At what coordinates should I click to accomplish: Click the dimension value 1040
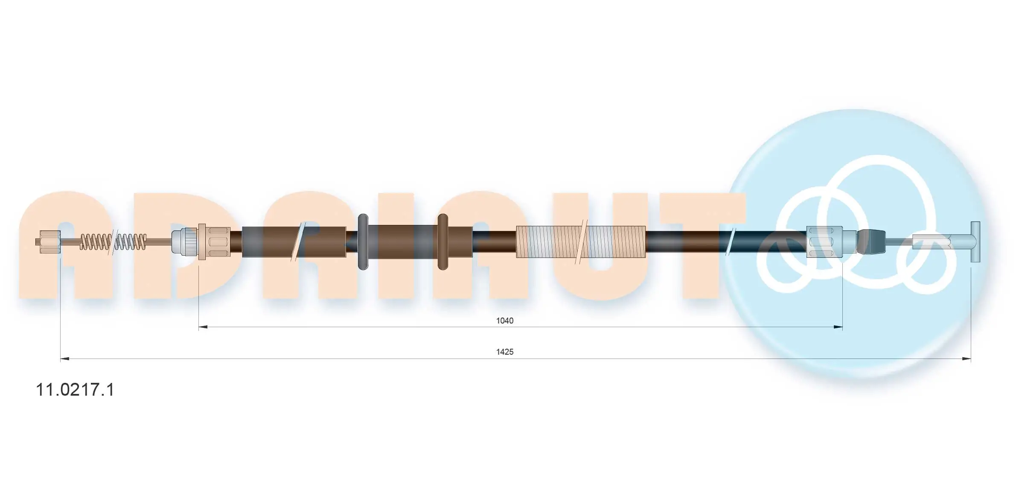(x=504, y=321)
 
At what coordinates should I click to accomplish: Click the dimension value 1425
(x=504, y=352)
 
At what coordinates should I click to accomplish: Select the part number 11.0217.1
(x=75, y=390)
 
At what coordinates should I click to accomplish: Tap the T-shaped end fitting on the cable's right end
(x=975, y=242)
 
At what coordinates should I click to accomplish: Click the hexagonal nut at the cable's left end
(x=49, y=242)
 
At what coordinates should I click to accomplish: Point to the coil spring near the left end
(x=114, y=242)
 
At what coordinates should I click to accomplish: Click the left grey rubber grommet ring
(x=363, y=242)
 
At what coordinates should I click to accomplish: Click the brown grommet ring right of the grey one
(x=443, y=242)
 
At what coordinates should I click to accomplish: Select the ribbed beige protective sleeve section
(x=581, y=242)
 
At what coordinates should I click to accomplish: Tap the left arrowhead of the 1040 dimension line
(x=203, y=327)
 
